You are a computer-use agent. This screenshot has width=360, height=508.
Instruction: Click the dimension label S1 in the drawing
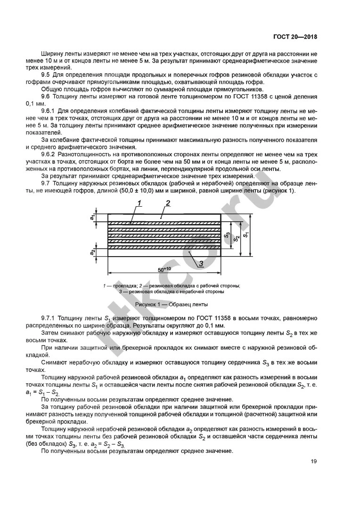tap(247, 233)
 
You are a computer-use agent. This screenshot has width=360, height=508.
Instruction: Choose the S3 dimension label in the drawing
tap(228, 234)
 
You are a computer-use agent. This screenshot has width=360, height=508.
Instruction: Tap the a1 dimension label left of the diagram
tap(93, 218)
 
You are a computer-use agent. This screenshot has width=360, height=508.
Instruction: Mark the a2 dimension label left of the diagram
tap(93, 251)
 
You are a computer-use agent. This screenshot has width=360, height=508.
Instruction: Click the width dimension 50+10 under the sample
tap(164, 270)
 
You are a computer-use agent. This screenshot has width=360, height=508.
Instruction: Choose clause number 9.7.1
tap(50, 319)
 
